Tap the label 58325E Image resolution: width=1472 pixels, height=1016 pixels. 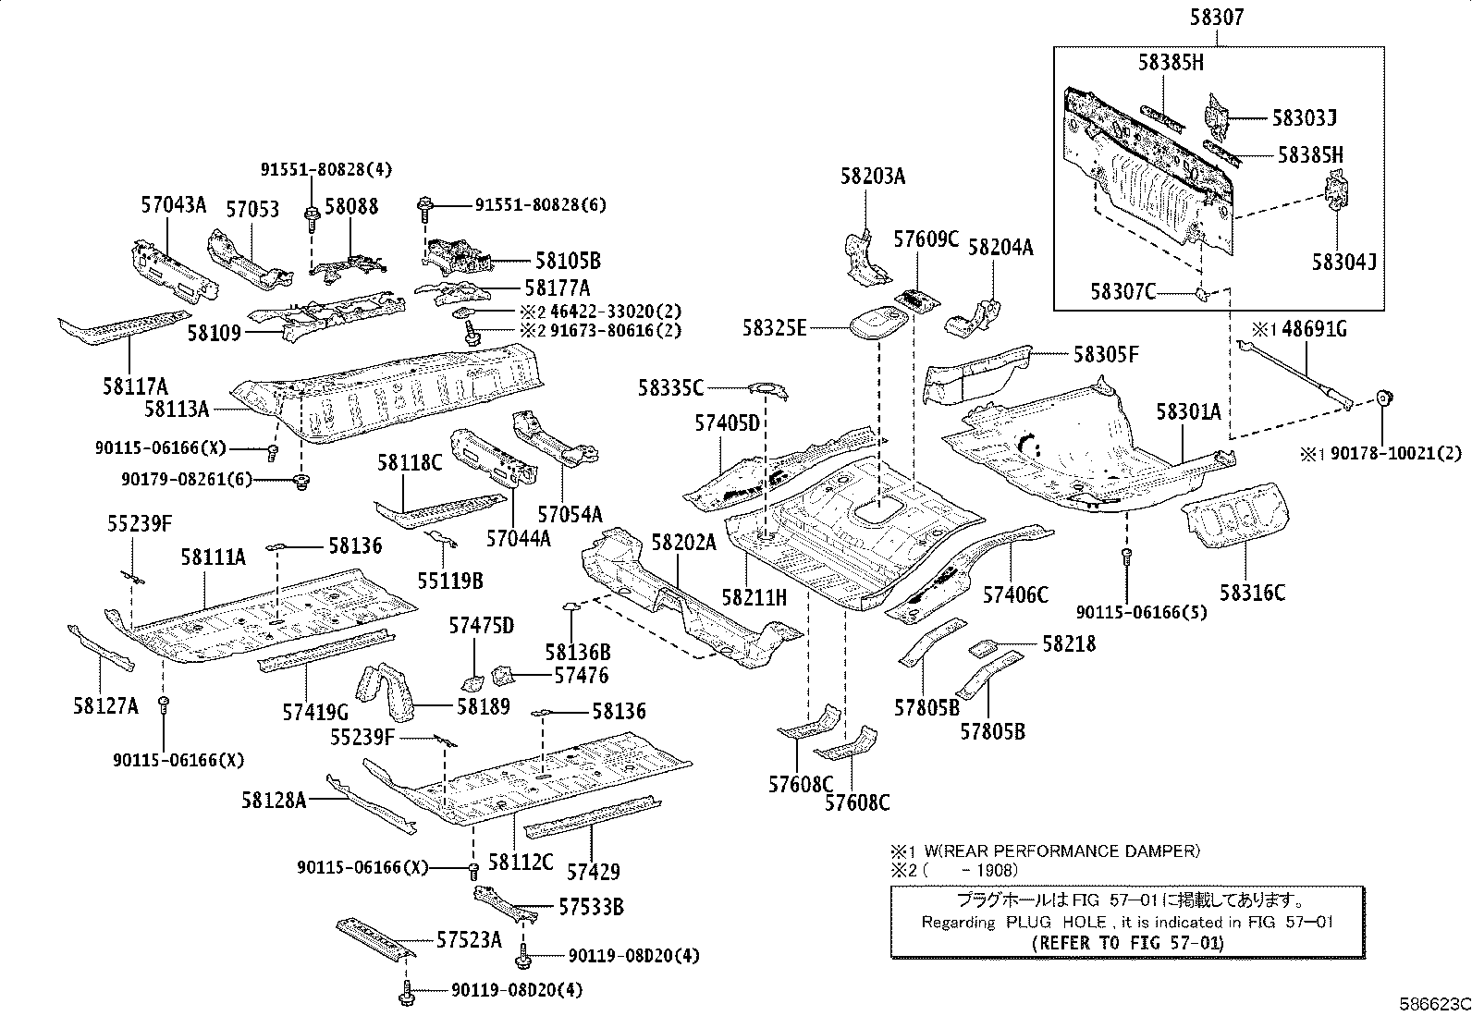point(774,327)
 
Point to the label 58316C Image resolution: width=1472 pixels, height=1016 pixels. point(1252,593)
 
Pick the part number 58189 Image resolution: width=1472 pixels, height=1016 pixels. point(483,706)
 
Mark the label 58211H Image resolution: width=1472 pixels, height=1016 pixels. point(754,598)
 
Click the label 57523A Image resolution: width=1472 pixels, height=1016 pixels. point(469,940)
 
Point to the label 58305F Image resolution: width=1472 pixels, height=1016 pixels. point(1106,353)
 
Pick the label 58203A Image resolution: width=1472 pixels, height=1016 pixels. point(873,176)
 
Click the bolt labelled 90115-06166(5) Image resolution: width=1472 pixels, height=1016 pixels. point(1127,557)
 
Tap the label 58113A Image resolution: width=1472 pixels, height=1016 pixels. point(177,407)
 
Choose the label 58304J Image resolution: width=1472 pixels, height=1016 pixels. point(1343,262)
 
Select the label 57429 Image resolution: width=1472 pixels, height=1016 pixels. point(593,871)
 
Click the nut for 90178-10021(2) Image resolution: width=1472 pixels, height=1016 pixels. point(1384,399)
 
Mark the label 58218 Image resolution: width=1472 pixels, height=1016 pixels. point(1069,643)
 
